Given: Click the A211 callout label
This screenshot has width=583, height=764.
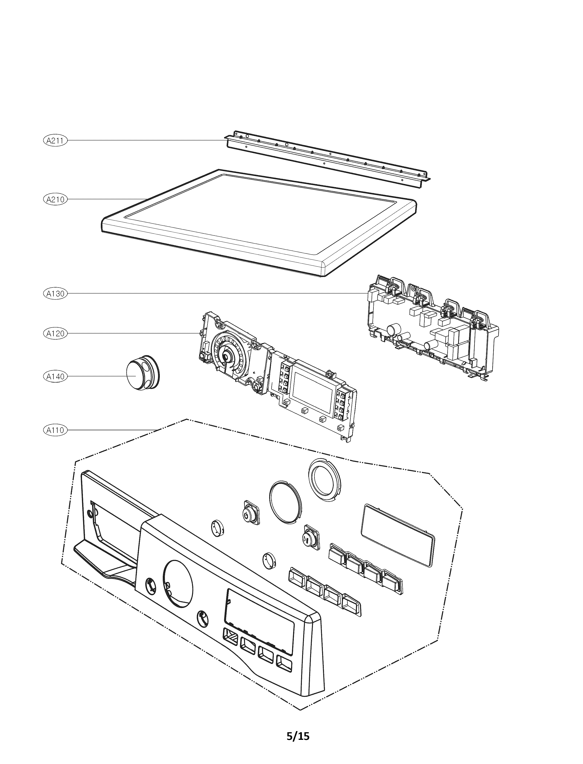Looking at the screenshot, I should tap(55, 140).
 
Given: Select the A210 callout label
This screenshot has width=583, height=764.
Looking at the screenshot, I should tap(55, 200).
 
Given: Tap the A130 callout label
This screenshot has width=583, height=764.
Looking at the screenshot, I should tap(55, 293).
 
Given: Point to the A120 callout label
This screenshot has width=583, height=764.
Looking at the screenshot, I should tap(55, 333).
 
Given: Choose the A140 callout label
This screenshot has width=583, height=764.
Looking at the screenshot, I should tap(55, 376).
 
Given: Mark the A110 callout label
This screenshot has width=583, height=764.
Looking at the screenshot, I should tap(55, 430).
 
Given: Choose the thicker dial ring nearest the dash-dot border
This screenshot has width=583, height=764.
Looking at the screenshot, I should tap(324, 480).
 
